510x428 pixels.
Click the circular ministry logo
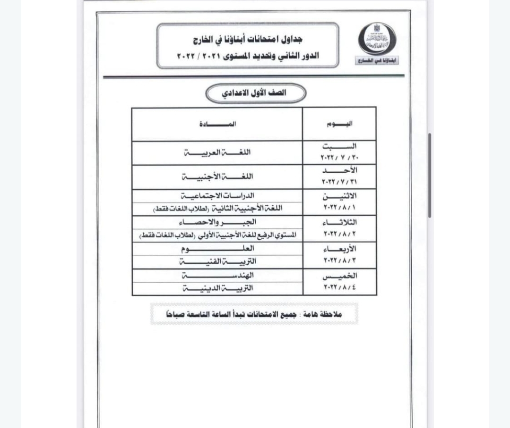pos(377,39)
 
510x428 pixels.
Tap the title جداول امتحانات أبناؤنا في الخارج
pos(248,39)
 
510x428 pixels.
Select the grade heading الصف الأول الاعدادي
pos(255,93)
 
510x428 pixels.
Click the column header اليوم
pos(339,124)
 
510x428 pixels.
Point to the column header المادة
pos(218,124)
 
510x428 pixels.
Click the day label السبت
pos(339,147)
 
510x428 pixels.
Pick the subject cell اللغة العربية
pos(217,152)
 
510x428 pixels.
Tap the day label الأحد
pos(339,170)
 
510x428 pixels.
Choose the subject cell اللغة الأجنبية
pos(217,176)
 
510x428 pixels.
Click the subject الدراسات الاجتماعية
pos(218,195)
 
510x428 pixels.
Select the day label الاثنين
pos(339,196)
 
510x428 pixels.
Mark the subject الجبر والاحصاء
pos(218,222)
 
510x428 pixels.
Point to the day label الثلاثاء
pos(339,222)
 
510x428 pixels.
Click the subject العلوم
pos(218,248)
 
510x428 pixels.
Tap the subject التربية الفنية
pos(218,261)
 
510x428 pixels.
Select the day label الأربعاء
pos(339,249)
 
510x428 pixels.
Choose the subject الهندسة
pos(218,275)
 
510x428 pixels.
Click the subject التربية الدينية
pos(218,288)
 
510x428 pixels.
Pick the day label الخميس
pos(339,276)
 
